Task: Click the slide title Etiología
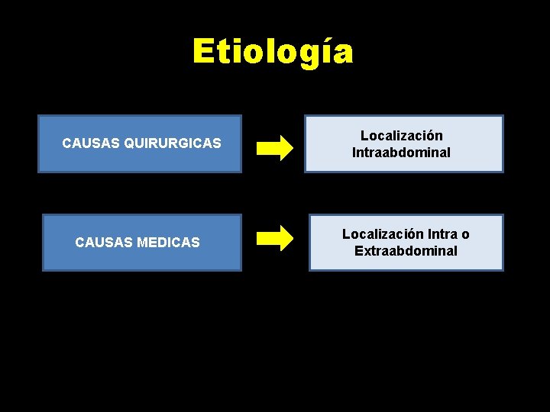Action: click(273, 52)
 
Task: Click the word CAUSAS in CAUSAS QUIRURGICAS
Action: click(85, 143)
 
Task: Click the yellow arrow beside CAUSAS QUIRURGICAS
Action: click(274, 146)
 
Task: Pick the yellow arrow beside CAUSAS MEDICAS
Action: click(274, 238)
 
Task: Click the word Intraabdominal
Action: click(401, 153)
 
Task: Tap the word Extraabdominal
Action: click(406, 251)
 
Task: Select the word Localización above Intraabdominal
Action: click(401, 136)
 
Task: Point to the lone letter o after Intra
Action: click(465, 235)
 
